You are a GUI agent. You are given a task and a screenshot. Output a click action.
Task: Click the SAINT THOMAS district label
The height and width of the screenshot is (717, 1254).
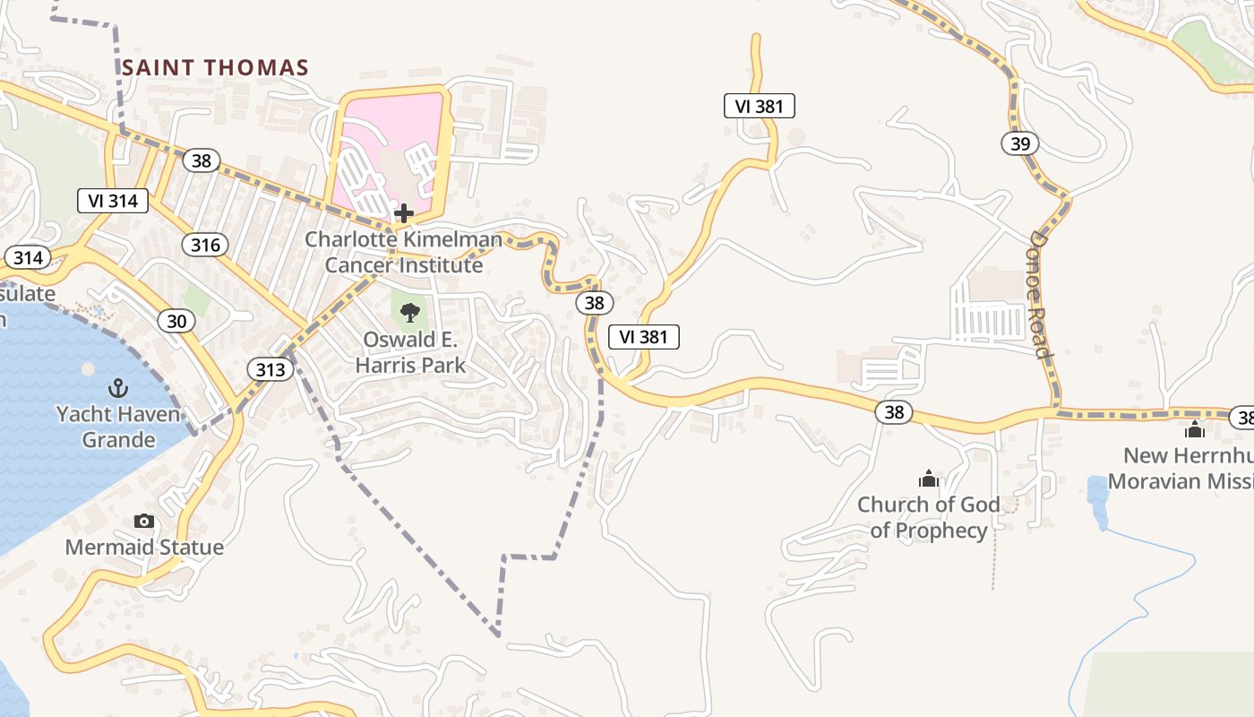point(215,67)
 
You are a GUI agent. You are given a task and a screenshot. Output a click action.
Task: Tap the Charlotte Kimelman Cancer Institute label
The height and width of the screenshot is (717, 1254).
point(403,252)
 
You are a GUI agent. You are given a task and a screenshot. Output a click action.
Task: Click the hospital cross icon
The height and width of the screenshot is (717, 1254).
point(404,213)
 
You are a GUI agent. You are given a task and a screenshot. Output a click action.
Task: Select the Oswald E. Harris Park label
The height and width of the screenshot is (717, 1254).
point(410,352)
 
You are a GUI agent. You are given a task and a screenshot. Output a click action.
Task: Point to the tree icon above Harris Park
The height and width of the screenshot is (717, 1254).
point(410,313)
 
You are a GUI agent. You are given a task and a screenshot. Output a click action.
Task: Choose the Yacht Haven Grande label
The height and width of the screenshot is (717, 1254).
point(118,427)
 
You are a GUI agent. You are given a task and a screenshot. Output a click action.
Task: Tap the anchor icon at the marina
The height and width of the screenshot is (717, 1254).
point(117,388)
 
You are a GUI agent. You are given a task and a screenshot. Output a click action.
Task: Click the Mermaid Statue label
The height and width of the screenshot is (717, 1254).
point(144,547)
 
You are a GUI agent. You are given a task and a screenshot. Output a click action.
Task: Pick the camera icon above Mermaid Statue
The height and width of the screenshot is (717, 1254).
point(144,521)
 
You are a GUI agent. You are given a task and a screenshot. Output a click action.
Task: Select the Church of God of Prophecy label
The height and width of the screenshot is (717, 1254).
point(929,517)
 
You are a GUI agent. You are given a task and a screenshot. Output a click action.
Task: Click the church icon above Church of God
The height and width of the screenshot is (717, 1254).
point(929,479)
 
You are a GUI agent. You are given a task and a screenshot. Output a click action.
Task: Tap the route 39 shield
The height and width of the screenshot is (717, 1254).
point(1019,143)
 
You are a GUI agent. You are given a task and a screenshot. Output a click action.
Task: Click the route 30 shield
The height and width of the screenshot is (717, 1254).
point(176,321)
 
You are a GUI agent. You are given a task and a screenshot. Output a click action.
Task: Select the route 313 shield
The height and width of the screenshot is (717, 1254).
point(270,369)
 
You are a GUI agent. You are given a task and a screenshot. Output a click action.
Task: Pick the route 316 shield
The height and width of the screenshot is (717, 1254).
point(204,244)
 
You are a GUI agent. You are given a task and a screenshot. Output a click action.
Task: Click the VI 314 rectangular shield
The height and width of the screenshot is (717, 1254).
point(113,201)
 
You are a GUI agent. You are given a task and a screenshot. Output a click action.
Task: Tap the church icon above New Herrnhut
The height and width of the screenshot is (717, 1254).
point(1195,430)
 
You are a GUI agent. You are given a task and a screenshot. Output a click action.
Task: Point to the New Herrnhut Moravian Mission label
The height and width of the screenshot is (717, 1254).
point(1181,468)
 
